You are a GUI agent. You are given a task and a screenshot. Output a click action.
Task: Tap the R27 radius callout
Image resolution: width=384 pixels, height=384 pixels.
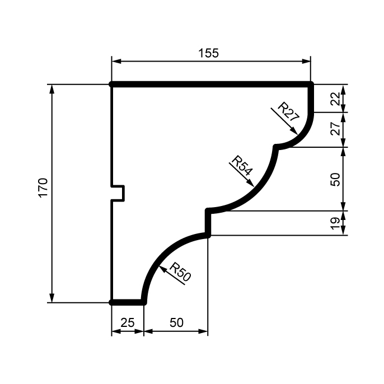(x=288, y=111)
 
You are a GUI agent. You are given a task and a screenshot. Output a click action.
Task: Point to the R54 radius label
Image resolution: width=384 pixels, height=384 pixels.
(x=241, y=166)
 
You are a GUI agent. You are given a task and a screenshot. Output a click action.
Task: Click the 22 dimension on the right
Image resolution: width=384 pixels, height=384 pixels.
(x=334, y=99)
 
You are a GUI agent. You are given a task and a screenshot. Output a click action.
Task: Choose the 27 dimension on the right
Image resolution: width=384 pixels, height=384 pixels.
(x=334, y=129)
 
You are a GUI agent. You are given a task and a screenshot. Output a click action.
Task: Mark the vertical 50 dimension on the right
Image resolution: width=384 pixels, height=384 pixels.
(x=334, y=179)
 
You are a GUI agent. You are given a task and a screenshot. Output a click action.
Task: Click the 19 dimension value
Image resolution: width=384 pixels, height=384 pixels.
(x=334, y=223)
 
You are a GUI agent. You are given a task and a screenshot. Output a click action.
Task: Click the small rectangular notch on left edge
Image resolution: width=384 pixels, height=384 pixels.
(x=119, y=193)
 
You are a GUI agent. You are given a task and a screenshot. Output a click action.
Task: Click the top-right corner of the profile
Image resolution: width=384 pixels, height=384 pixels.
(x=311, y=84)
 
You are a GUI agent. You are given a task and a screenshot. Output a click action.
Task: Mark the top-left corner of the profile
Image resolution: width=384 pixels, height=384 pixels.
(x=112, y=84)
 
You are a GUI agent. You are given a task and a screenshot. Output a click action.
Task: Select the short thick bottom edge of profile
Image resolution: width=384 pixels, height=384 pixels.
(x=128, y=302)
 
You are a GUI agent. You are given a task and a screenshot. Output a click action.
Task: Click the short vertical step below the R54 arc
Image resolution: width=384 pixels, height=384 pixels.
(x=208, y=223)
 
